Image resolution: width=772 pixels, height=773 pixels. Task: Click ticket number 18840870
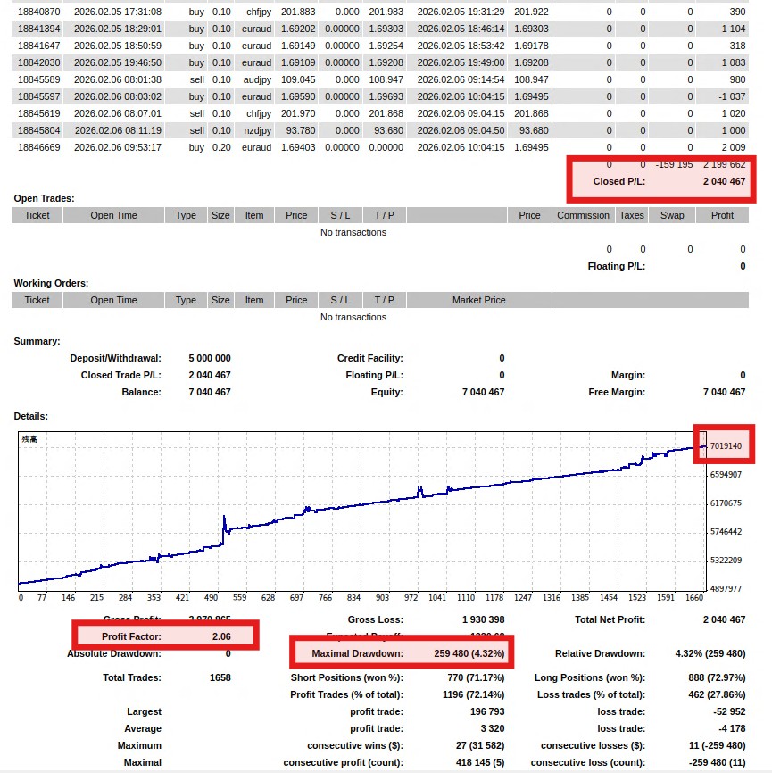[x=38, y=12]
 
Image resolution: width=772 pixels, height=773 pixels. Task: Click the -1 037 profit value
[x=732, y=96]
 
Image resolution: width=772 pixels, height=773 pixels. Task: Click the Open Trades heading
[x=44, y=198]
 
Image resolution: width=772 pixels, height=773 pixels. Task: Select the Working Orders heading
[x=51, y=283]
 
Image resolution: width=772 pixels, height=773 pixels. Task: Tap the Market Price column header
[x=478, y=300]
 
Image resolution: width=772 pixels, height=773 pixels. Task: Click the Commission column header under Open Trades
[x=583, y=215]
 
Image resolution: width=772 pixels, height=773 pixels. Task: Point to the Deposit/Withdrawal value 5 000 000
[x=209, y=358]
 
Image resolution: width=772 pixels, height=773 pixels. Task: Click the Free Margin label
[x=617, y=392]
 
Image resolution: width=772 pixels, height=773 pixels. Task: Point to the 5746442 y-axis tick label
[x=725, y=532]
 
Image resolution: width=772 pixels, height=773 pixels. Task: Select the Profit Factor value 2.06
[x=221, y=636]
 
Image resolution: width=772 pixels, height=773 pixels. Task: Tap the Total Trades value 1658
[x=219, y=677]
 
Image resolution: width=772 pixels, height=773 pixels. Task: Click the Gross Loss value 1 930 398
[x=482, y=619]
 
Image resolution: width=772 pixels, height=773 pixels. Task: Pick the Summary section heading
[x=37, y=341]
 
